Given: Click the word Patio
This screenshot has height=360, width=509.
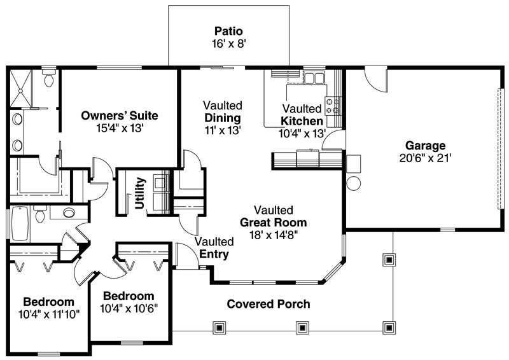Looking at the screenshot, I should (x=228, y=31).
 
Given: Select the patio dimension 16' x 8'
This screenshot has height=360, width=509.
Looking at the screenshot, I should (x=228, y=44).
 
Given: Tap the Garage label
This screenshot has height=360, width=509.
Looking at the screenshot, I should (x=426, y=145).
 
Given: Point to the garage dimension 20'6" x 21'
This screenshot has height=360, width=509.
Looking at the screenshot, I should (x=426, y=158).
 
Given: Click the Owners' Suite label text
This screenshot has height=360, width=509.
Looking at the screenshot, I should (x=120, y=116).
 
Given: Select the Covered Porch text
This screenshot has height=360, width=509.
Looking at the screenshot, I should (x=268, y=304).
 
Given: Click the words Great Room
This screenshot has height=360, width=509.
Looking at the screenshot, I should (x=273, y=223).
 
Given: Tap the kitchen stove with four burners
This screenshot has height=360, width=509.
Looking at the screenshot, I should (x=333, y=105).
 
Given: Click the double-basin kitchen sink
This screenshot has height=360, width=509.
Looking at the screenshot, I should (x=313, y=79).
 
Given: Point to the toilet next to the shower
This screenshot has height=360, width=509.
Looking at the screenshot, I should (x=49, y=80).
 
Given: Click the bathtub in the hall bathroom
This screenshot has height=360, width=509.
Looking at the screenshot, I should (x=20, y=223).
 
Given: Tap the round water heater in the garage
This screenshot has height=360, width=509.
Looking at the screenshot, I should (x=353, y=184).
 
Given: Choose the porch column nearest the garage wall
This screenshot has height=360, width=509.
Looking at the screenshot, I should (x=389, y=260).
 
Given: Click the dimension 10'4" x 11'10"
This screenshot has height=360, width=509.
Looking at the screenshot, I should (x=48, y=314).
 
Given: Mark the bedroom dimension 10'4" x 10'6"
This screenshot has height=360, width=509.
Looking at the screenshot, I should (x=129, y=308).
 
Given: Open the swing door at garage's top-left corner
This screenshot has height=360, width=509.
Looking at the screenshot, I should (x=375, y=80).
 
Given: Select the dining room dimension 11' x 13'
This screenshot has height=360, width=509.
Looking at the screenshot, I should (x=222, y=130).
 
